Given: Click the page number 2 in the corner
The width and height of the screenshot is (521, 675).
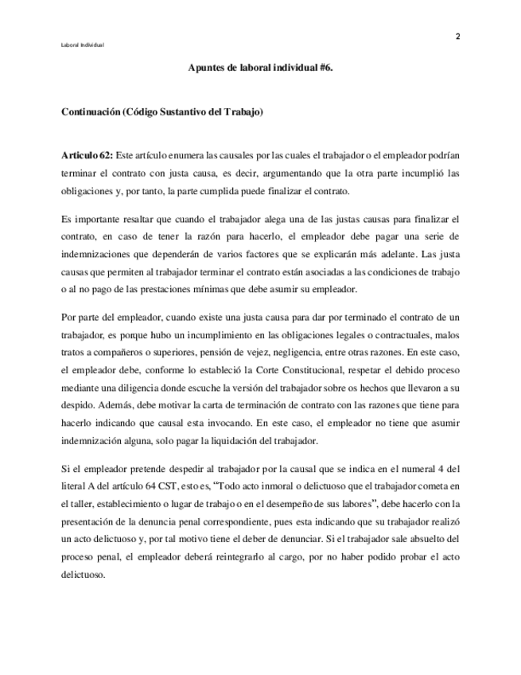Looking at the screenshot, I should pos(458,36).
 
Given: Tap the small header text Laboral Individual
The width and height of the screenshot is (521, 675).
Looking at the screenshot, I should pos(82,45).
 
